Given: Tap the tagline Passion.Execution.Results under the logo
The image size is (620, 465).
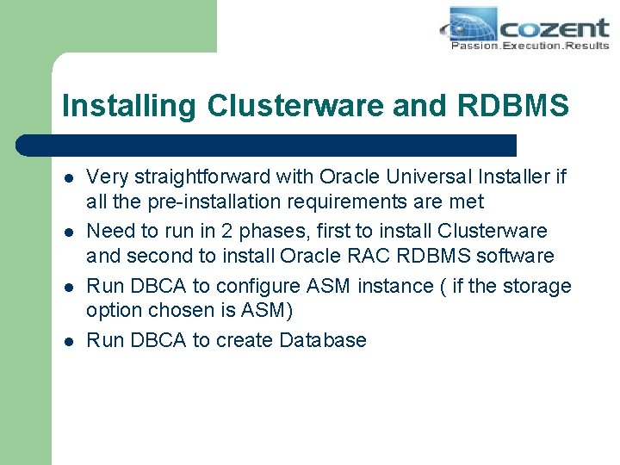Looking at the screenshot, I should tap(530, 46).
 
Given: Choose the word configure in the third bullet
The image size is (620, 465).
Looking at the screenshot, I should tap(256, 285).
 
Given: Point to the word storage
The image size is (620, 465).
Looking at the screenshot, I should tap(538, 285).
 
